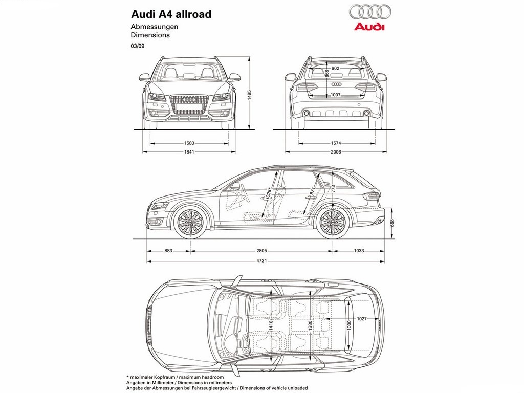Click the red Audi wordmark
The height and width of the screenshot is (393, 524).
point(369,27)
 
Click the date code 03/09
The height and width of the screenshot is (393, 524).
point(137,46)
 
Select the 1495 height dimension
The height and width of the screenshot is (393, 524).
point(249,95)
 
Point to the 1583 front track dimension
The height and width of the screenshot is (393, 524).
point(189,143)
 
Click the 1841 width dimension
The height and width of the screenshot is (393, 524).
point(189,151)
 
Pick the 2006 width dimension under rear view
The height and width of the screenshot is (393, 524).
point(336,151)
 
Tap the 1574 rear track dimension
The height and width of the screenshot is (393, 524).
point(336,143)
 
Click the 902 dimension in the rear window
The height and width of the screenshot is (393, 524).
point(335,68)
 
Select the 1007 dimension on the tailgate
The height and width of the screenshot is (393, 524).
point(335,95)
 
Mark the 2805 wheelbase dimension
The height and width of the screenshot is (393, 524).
point(261,251)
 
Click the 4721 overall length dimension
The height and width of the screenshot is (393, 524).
point(261,260)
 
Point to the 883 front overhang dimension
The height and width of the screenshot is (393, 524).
point(168,251)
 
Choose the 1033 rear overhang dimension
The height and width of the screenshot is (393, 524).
point(359,251)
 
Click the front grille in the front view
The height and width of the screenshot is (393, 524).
point(189,105)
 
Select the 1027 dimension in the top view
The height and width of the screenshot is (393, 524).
point(362,318)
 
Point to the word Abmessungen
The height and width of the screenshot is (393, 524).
point(155,27)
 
